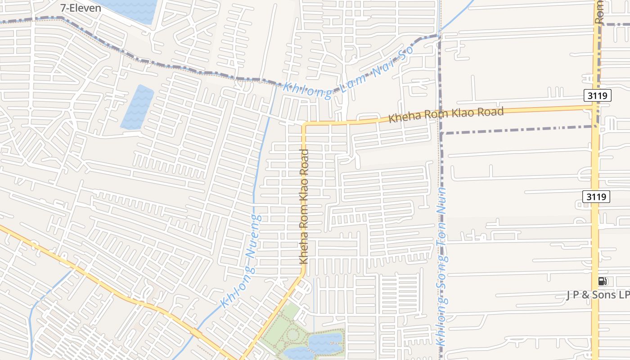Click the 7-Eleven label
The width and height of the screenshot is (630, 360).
click(x=81, y=8)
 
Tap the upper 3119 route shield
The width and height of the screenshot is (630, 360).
click(x=598, y=95)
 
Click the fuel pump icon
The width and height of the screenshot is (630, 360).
click(x=603, y=282)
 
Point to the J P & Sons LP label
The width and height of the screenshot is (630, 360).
click(x=598, y=295)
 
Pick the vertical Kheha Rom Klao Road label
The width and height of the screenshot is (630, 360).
click(x=304, y=207)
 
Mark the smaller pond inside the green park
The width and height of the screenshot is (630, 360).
click(x=298, y=354)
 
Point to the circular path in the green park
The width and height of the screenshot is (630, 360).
click(x=292, y=334)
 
